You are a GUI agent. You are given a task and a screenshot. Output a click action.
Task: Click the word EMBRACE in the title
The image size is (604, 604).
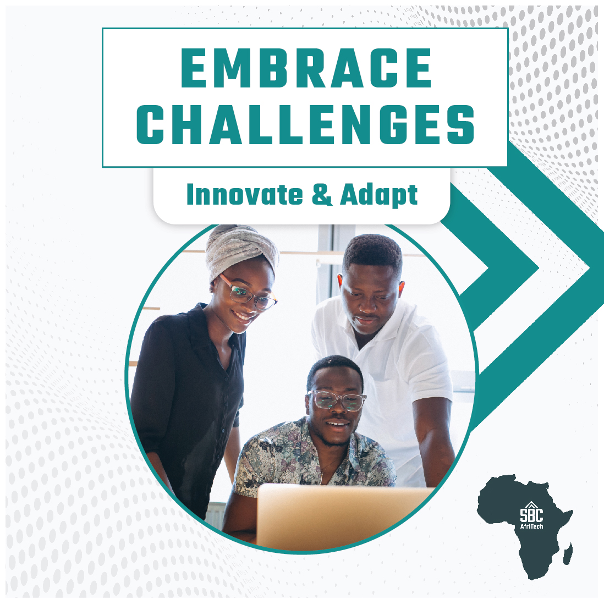(306, 69)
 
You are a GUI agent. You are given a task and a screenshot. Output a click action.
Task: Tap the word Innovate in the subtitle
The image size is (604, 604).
(244, 195)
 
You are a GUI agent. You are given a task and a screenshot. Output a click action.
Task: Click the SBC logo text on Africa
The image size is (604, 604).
(531, 514)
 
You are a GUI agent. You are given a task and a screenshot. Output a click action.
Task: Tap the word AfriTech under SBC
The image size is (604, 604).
(531, 525)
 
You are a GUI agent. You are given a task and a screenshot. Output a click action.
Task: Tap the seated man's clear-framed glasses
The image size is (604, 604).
(337, 400)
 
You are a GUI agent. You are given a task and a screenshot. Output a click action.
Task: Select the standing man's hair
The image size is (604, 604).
(373, 252)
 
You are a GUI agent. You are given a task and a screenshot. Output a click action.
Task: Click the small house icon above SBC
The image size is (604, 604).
(531, 504)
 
